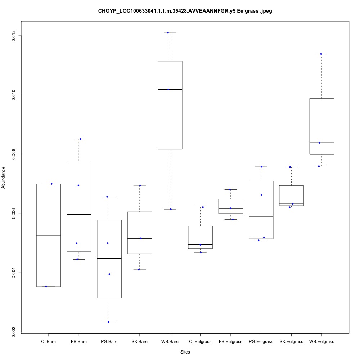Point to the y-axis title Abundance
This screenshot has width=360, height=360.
[x=4, y=177]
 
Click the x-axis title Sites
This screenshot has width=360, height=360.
[x=185, y=352]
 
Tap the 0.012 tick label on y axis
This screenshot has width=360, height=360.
[x=14, y=36]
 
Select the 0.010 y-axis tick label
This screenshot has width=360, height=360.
[x=14, y=95]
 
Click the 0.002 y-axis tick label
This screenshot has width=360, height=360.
[x=14, y=332]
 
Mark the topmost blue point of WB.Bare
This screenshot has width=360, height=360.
[x=168, y=33]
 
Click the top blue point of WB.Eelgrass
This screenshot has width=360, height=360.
[x=320, y=54]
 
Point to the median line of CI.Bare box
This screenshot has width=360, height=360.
[x=48, y=235]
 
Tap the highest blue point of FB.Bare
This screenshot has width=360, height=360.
[x=81, y=139]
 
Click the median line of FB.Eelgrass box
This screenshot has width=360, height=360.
[x=230, y=208]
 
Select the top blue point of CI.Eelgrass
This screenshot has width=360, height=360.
[x=203, y=207]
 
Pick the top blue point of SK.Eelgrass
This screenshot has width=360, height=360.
[x=290, y=167]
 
